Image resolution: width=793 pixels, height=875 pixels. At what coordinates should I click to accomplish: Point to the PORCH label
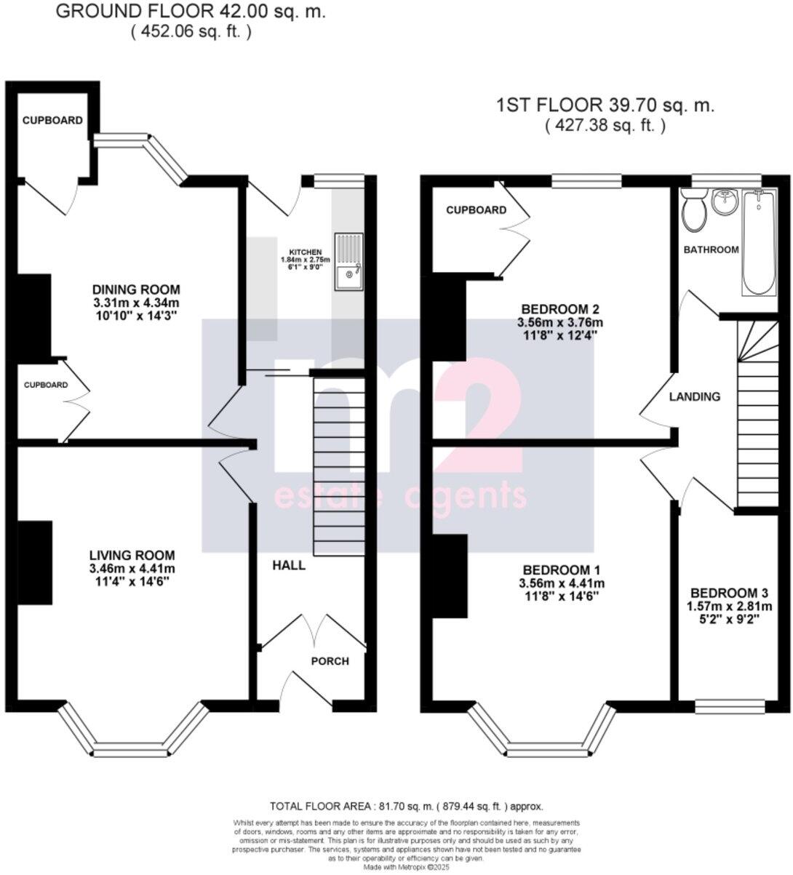click(330, 661)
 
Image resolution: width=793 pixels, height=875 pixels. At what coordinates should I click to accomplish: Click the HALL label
click(289, 565)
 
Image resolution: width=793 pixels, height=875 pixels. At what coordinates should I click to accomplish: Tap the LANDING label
click(695, 396)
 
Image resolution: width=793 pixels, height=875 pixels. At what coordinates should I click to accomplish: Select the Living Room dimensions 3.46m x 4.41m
click(132, 569)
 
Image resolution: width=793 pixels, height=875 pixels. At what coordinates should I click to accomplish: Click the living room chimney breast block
click(35, 562)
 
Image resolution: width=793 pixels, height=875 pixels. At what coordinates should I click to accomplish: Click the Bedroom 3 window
click(730, 704)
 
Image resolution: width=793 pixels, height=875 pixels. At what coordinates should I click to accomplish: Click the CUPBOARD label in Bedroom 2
click(476, 210)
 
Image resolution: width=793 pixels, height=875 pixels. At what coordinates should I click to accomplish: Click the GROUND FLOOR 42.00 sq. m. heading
click(191, 12)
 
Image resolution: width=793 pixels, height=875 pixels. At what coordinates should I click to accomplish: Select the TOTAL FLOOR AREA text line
click(407, 807)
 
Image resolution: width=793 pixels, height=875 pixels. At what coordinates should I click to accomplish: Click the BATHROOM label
click(711, 249)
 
